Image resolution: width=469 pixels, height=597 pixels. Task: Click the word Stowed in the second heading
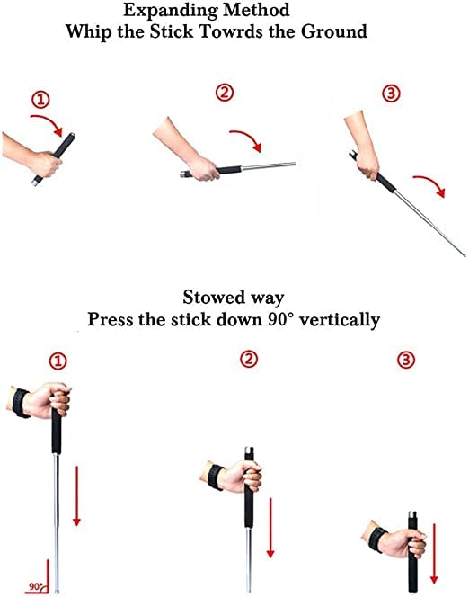(x=212, y=298)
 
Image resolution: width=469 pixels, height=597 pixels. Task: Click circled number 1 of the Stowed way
(x=58, y=361)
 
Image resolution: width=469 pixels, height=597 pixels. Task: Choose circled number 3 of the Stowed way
(x=406, y=361)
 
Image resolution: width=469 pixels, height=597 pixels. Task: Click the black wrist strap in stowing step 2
(x=216, y=476)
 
